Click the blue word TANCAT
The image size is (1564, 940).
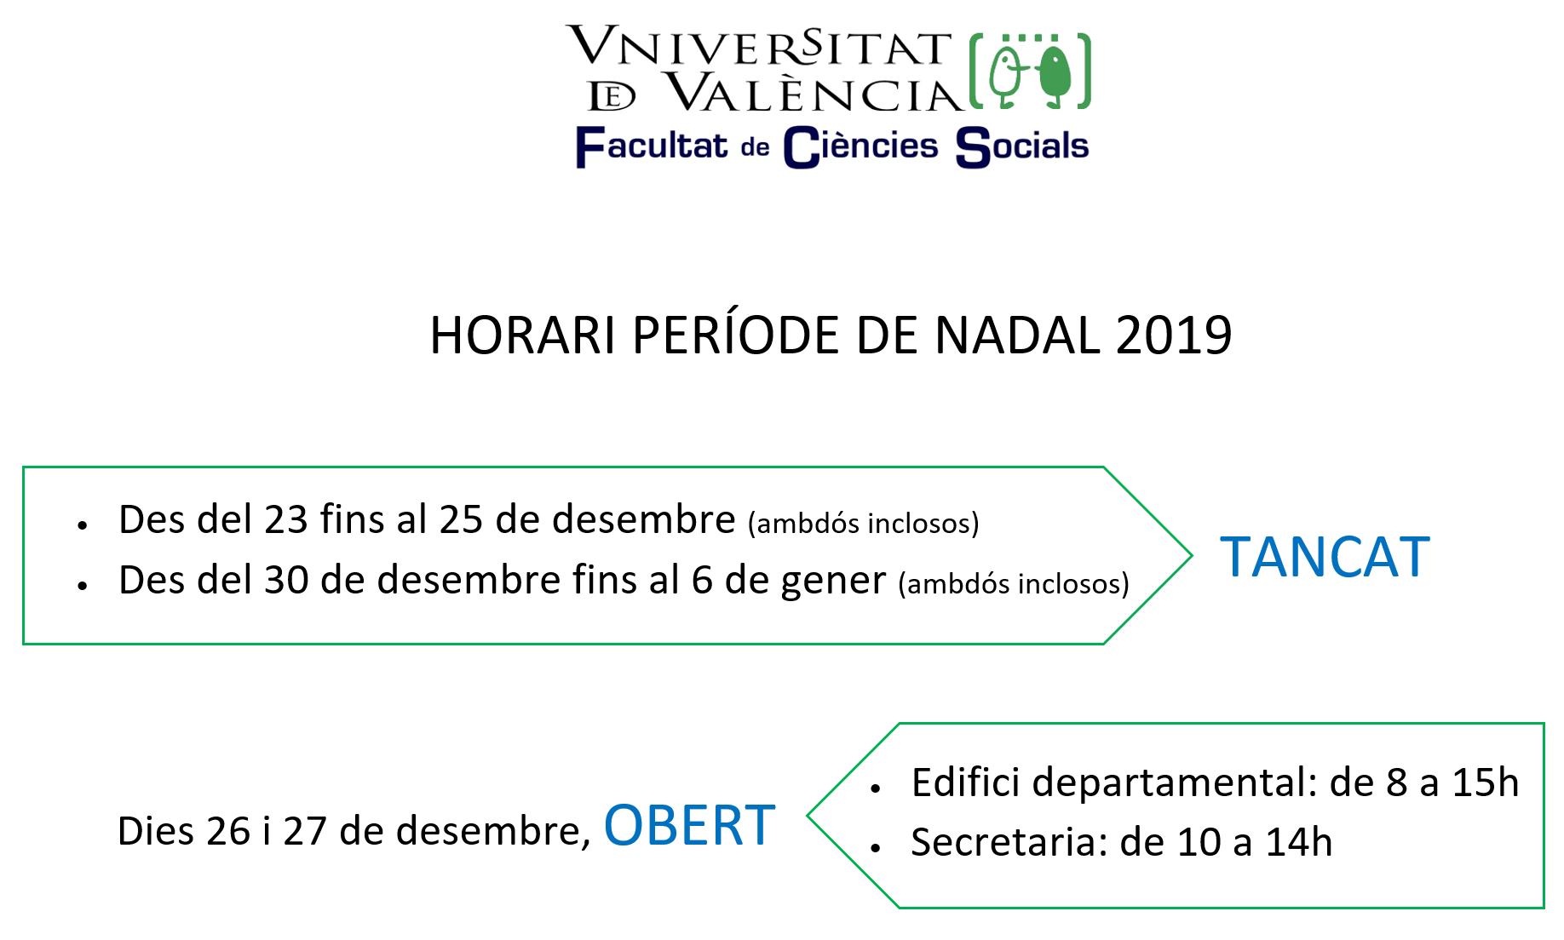[1325, 558]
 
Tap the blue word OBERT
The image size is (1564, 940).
[689, 825]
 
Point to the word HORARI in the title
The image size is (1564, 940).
[523, 335]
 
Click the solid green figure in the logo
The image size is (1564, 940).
[1055, 75]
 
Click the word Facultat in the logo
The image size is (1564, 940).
[652, 146]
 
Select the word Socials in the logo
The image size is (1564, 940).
[1022, 146]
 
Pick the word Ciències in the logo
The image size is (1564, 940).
[860, 146]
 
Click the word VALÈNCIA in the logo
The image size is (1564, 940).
[814, 92]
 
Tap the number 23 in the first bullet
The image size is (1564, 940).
[285, 519]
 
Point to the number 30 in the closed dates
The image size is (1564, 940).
[286, 580]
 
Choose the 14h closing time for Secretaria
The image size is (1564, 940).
[1299, 842]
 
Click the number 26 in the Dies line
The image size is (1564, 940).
[227, 831]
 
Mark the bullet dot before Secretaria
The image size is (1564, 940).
[875, 848]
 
